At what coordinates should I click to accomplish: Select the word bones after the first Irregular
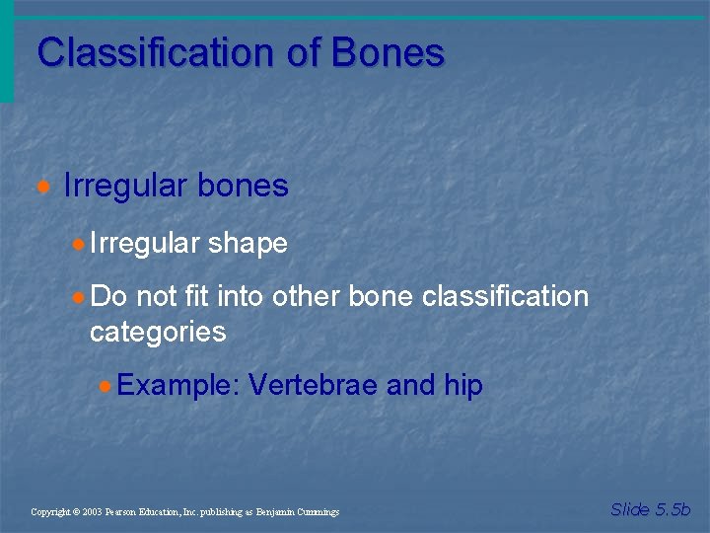243,186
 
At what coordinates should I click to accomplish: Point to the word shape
248,243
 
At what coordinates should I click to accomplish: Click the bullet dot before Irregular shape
79,244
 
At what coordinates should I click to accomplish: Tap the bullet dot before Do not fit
79,297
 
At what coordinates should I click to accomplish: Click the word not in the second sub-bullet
156,296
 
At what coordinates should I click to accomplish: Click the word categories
158,332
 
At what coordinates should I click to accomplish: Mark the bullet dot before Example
106,386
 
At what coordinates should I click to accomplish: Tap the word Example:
178,386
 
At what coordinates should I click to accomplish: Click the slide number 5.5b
672,509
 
